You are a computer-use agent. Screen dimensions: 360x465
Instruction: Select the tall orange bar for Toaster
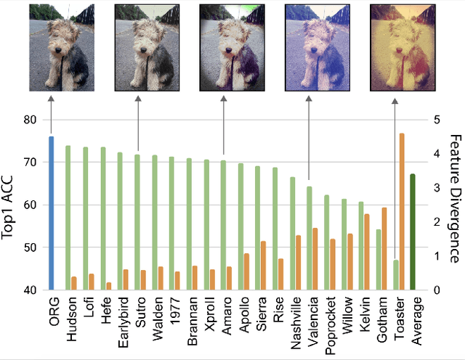pos(402,211)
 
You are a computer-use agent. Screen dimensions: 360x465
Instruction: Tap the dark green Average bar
pos(413,232)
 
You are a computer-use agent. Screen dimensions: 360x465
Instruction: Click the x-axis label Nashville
pos(294,319)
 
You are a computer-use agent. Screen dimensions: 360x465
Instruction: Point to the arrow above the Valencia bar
pos(309,138)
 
